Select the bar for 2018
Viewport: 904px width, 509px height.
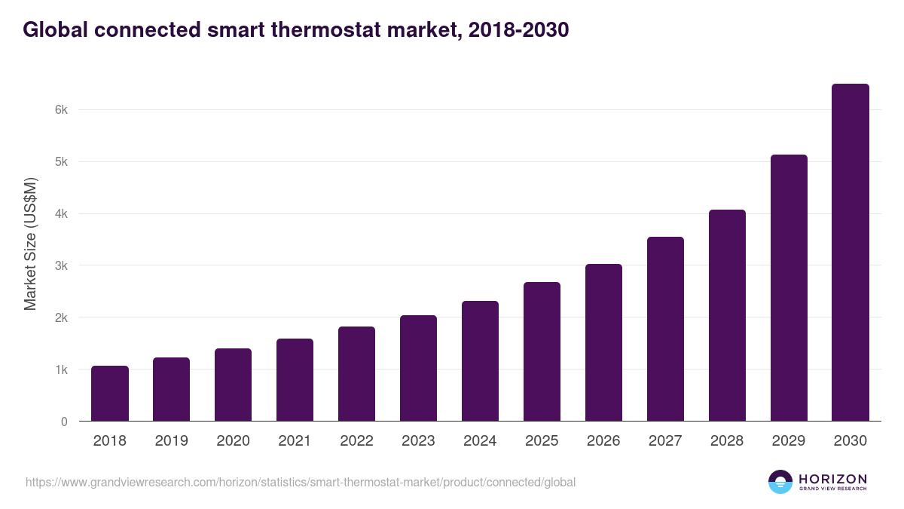(110, 394)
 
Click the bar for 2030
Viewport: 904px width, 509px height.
(851, 253)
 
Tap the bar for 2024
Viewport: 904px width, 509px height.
(480, 361)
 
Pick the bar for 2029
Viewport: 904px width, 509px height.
(789, 288)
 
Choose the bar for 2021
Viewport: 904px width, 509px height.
(295, 380)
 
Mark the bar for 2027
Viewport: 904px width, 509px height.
(665, 329)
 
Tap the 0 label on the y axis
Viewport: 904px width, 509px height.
(65, 422)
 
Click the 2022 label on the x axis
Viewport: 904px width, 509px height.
(356, 441)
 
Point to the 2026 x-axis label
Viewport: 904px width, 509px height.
(603, 441)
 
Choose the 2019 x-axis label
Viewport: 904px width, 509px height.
(171, 441)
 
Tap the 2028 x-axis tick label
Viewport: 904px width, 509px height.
(727, 441)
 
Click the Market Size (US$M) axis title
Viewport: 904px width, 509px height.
(31, 243)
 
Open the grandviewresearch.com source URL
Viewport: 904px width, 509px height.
(301, 482)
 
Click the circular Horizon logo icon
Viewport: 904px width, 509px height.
(780, 482)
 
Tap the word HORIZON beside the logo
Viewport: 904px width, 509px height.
(832, 479)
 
